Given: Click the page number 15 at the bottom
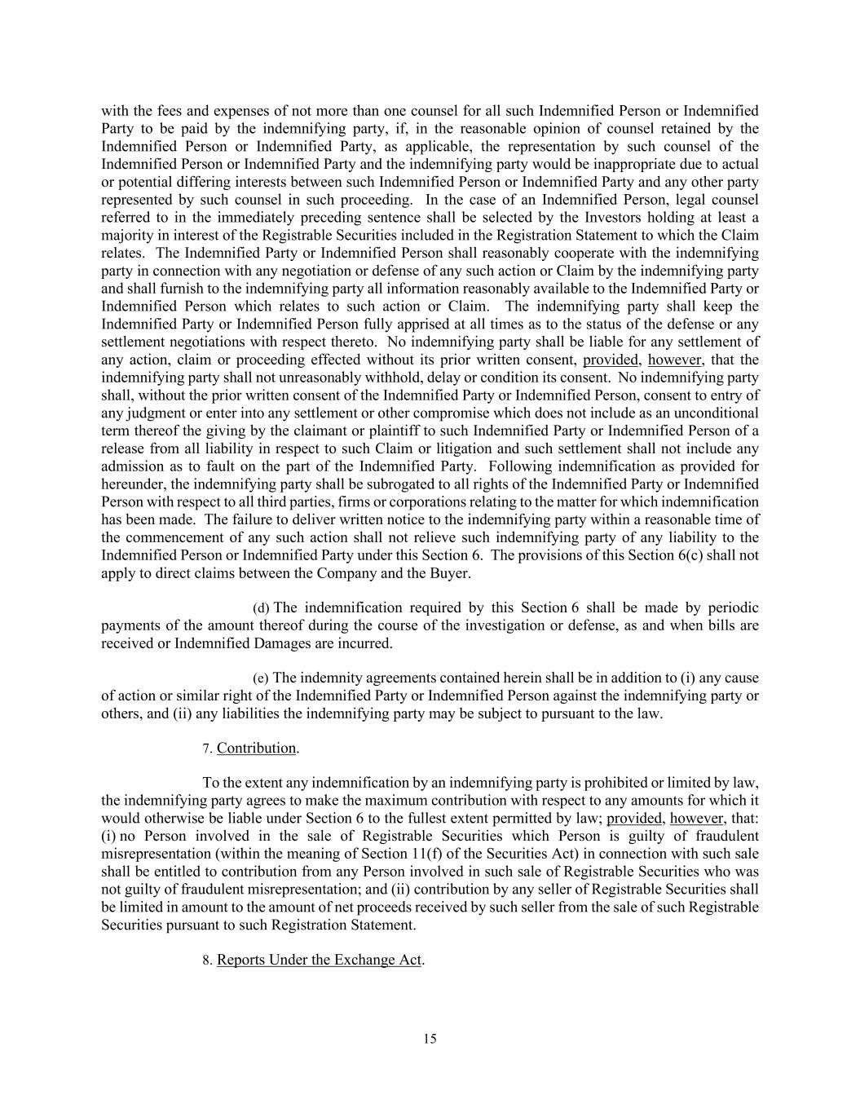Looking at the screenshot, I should (x=430, y=1039).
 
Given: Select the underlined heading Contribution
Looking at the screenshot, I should (x=256, y=749).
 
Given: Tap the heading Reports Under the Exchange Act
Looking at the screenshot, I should (x=319, y=960).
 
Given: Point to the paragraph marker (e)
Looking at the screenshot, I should (x=261, y=678).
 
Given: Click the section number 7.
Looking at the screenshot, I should (x=206, y=749).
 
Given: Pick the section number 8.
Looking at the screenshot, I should (x=206, y=961).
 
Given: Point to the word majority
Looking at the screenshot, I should (x=125, y=236).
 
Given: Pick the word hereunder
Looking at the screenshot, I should (x=131, y=484).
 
